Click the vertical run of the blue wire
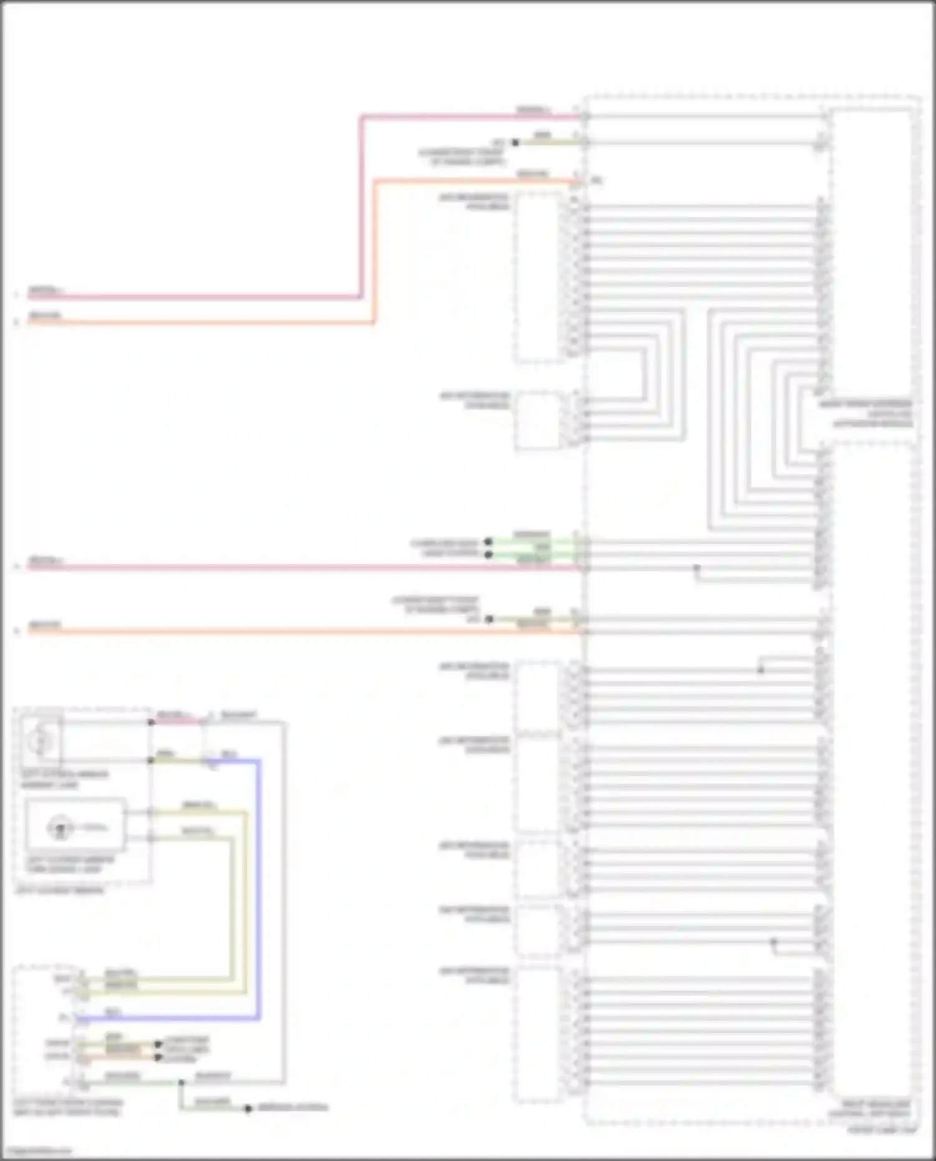258,886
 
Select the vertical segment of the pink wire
361,206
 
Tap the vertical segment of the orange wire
374,250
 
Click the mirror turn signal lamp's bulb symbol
61,828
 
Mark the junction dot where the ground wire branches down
181,1082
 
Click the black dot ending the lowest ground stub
248,1108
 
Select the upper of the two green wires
530,542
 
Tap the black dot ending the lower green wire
489,554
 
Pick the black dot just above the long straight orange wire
490,619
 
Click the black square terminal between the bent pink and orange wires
515,142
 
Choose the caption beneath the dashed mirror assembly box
59,890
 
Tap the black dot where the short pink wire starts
151,722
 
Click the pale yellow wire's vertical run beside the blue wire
245,898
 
